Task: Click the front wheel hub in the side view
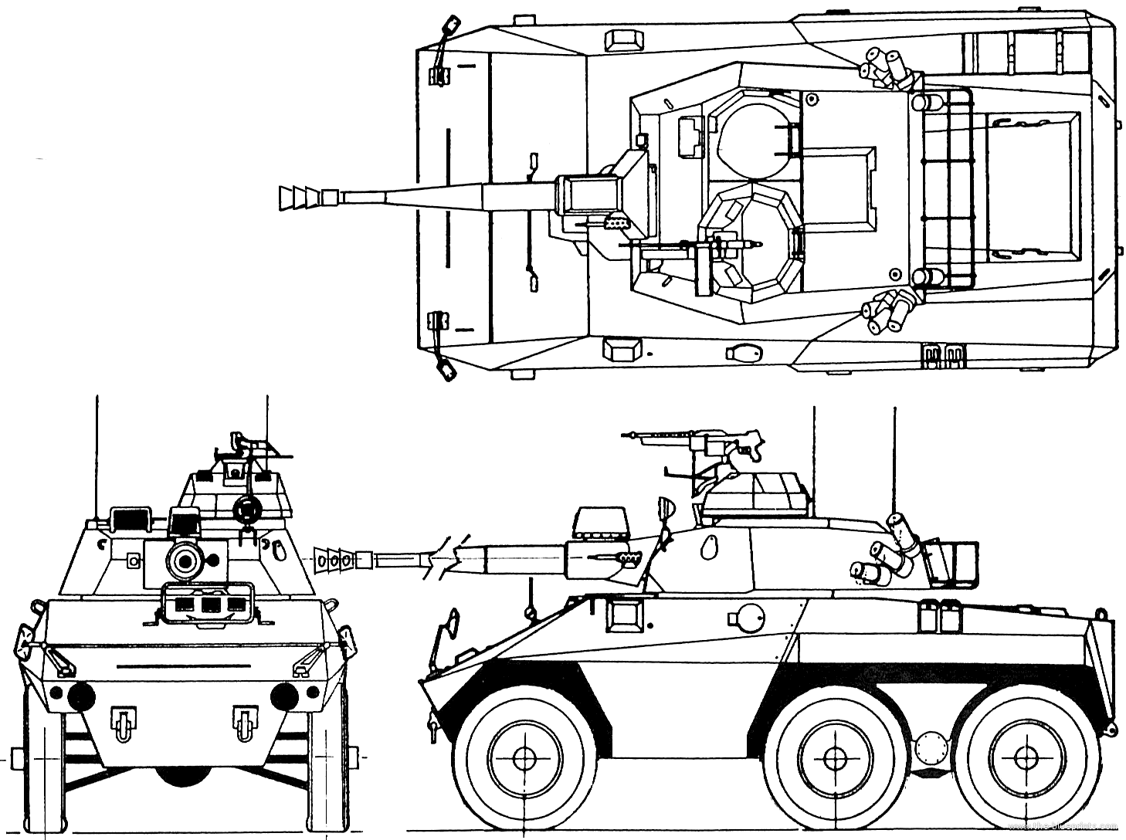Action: coord(523,757)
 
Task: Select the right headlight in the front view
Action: coord(284,696)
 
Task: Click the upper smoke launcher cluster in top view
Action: coord(886,68)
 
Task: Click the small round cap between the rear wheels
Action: coord(927,747)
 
